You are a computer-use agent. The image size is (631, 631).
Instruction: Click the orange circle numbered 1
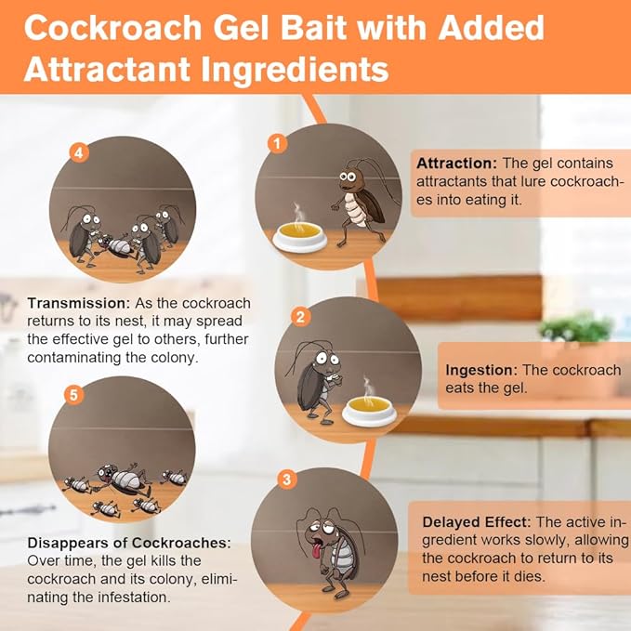[x=275, y=143]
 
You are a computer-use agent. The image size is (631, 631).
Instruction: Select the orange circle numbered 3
[x=288, y=480]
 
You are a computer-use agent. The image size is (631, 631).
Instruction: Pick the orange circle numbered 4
[x=81, y=152]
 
